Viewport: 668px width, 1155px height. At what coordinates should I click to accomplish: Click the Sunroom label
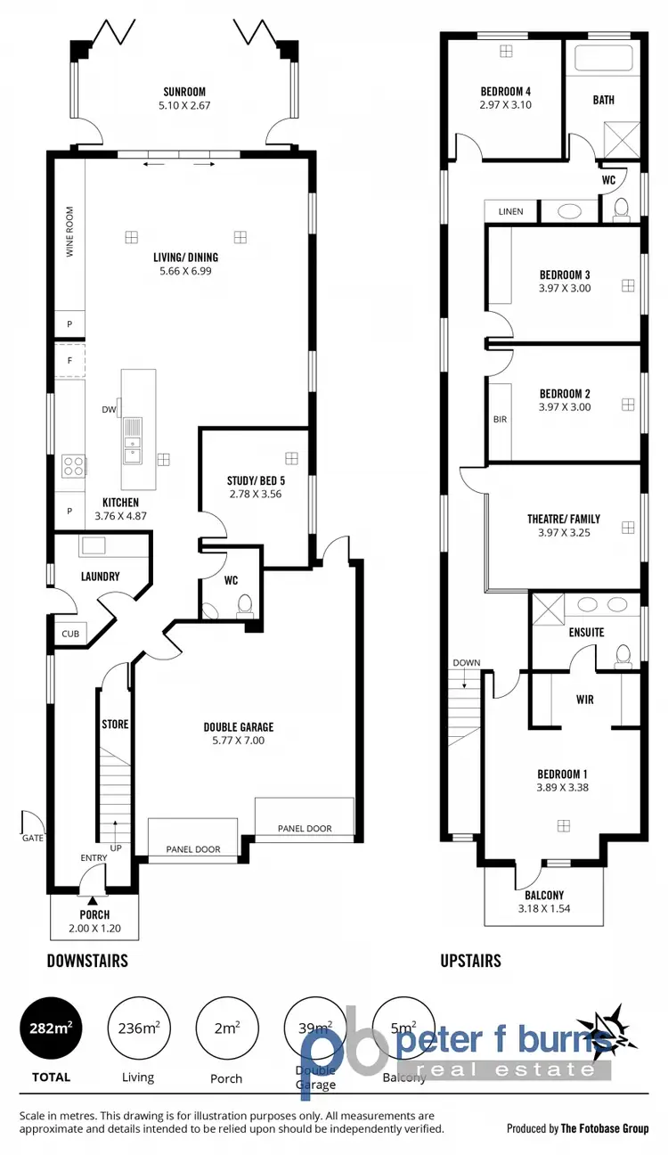[x=184, y=92]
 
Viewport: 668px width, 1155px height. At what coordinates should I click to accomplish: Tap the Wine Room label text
[x=69, y=233]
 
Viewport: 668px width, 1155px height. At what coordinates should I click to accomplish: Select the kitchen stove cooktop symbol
[x=73, y=465]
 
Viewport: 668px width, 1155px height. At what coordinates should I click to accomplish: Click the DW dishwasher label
[x=109, y=410]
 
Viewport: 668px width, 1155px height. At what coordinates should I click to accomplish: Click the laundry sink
[x=93, y=545]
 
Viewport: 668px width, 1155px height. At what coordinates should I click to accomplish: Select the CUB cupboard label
[x=69, y=635]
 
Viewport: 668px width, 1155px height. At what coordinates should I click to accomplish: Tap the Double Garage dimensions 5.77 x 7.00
[x=238, y=740]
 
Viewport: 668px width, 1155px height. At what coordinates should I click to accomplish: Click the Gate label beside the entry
[x=32, y=838]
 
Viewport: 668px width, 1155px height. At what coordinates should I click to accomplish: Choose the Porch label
[x=94, y=914]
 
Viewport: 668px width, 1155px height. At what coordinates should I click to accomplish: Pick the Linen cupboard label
[x=511, y=211]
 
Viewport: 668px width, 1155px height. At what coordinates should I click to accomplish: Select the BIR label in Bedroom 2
[x=500, y=419]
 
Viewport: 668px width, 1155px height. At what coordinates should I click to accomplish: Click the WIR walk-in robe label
[x=585, y=700]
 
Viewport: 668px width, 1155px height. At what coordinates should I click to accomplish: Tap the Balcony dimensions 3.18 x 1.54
[x=543, y=909]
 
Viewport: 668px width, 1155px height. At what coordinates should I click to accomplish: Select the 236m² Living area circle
[x=138, y=1028]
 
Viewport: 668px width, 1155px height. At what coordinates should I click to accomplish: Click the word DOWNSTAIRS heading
[x=87, y=961]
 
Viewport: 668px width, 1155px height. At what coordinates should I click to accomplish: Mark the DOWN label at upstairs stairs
[x=466, y=663]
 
